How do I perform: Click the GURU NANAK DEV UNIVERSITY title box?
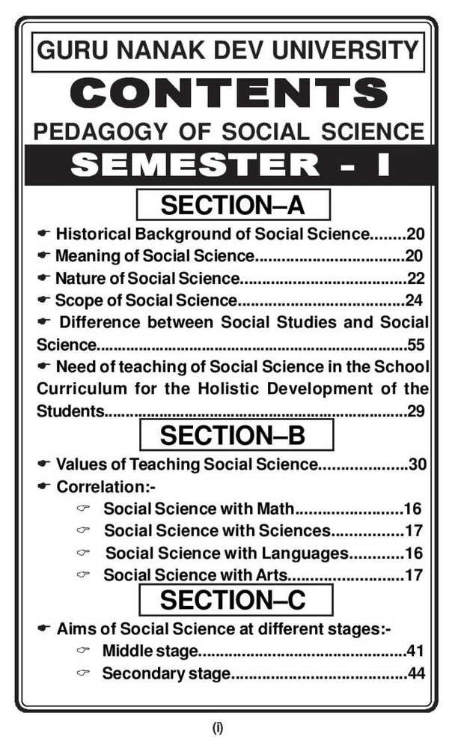228,52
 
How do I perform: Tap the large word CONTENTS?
227,92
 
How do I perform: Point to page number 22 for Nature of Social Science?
416,279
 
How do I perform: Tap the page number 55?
417,345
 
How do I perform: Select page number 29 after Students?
417,411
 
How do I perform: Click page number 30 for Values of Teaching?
418,464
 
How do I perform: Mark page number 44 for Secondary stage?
417,673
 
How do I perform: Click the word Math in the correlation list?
277,509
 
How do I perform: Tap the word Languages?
311,554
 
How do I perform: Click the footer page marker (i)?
218,726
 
